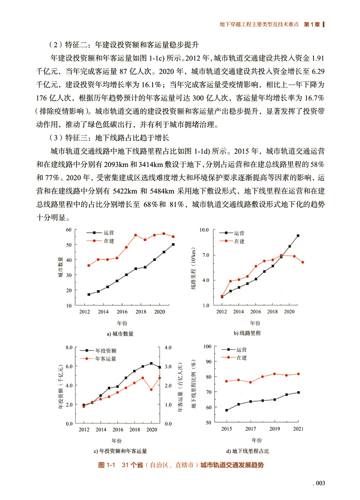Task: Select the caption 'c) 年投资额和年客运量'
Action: pyautogui.click(x=120, y=451)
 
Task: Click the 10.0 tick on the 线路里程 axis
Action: pyautogui.click(x=204, y=230)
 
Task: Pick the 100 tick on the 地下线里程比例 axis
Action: pyautogui.click(x=207, y=347)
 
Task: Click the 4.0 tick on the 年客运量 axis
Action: pyautogui.click(x=167, y=348)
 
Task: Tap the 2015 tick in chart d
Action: pyautogui.click(x=226, y=429)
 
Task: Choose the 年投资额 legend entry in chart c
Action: pyautogui.click(x=105, y=351)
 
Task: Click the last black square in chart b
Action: pyautogui.click(x=298, y=235)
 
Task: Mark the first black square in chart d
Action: pyautogui.click(x=226, y=410)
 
